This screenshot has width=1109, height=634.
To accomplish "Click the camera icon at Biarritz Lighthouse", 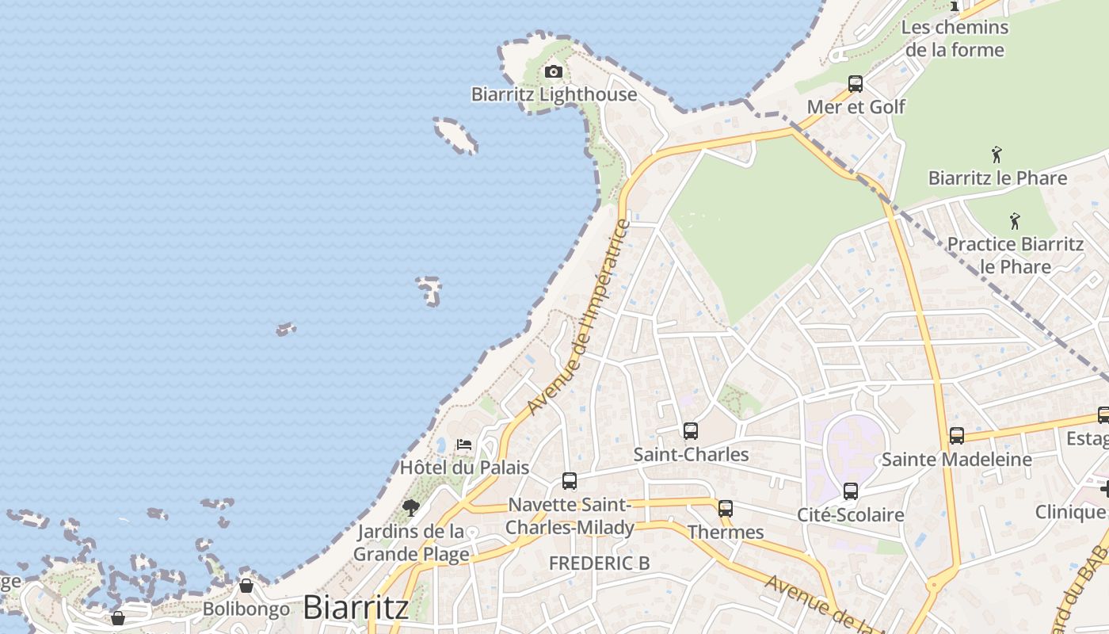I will (554, 72).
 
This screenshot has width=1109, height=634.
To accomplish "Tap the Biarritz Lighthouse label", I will (554, 94).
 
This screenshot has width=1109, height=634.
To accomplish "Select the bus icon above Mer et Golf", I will (856, 83).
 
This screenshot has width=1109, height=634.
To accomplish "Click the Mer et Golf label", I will (856, 106).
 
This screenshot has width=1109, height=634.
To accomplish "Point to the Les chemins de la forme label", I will (955, 38).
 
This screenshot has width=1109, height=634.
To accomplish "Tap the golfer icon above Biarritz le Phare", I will (997, 155).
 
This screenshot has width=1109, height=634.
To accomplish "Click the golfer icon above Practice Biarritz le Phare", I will (1015, 221).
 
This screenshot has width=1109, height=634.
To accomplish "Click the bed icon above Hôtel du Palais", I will (464, 445).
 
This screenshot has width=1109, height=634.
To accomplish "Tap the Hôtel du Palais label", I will (464, 467).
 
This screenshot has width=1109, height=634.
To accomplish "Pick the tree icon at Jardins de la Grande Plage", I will (410, 507).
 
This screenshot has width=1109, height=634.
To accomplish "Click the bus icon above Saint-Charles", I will (691, 431).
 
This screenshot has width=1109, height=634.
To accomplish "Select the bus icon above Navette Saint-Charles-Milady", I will (570, 481).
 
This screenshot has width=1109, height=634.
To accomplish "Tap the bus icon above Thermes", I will (726, 509).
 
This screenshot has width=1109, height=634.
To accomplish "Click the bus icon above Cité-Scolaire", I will (851, 491).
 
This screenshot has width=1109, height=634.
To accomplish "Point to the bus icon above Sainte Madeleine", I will (957, 436).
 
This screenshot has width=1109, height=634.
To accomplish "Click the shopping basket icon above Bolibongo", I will (246, 586).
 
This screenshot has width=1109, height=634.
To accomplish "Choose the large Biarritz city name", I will (356, 607).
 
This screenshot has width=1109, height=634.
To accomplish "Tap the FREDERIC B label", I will (600, 563).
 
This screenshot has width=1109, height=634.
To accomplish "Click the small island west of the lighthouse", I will (455, 135).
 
